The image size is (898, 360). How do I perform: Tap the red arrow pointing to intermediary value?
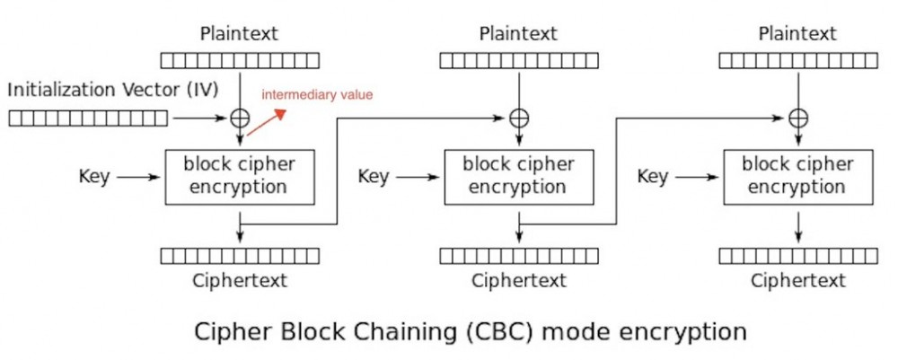pyautogui.click(x=267, y=124)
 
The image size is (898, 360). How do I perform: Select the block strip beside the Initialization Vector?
pyautogui.click(x=87, y=118)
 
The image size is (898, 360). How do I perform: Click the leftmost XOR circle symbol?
pyautogui.click(x=240, y=118)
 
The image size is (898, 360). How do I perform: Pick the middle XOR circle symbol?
pyautogui.click(x=519, y=118)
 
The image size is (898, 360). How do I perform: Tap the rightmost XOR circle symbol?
pyautogui.click(x=798, y=118)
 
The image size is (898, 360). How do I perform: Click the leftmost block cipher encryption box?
pyautogui.click(x=240, y=176)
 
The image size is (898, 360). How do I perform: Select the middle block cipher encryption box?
pyautogui.click(x=519, y=176)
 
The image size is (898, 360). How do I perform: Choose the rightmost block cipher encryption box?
pyautogui.click(x=798, y=176)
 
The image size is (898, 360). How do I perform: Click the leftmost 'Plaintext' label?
pyautogui.click(x=239, y=34)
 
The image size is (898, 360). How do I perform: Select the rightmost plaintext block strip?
pyautogui.click(x=798, y=60)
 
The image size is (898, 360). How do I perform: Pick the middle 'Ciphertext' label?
pyautogui.click(x=519, y=281)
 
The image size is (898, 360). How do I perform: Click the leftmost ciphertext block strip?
pyautogui.click(x=240, y=256)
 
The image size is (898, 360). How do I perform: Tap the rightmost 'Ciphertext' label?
pyautogui.click(x=798, y=281)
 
